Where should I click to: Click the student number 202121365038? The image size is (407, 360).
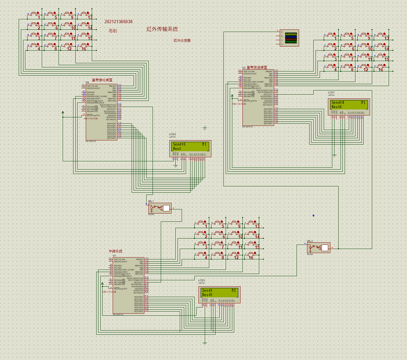click(119, 22)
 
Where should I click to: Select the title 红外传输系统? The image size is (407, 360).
click(162, 29)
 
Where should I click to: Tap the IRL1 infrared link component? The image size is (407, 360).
click(160, 208)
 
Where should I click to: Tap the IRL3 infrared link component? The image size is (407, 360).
click(319, 248)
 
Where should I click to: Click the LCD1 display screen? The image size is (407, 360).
click(348, 105)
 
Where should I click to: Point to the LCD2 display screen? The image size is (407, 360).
click(190, 146)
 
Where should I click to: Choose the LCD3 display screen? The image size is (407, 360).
click(219, 293)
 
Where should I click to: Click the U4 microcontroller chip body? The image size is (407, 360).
click(101, 112)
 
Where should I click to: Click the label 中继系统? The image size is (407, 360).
click(116, 251)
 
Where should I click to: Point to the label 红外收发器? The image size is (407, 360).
click(182, 40)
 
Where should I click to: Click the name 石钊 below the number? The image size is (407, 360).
click(113, 31)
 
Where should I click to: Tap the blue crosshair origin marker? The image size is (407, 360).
click(313, 215)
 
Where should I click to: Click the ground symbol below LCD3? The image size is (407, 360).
click(205, 343)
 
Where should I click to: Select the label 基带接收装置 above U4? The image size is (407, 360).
click(102, 80)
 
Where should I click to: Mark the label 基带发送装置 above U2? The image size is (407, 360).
click(257, 67)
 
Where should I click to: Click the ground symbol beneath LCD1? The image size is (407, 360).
click(334, 155)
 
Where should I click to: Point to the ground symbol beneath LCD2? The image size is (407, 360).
click(176, 165)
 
